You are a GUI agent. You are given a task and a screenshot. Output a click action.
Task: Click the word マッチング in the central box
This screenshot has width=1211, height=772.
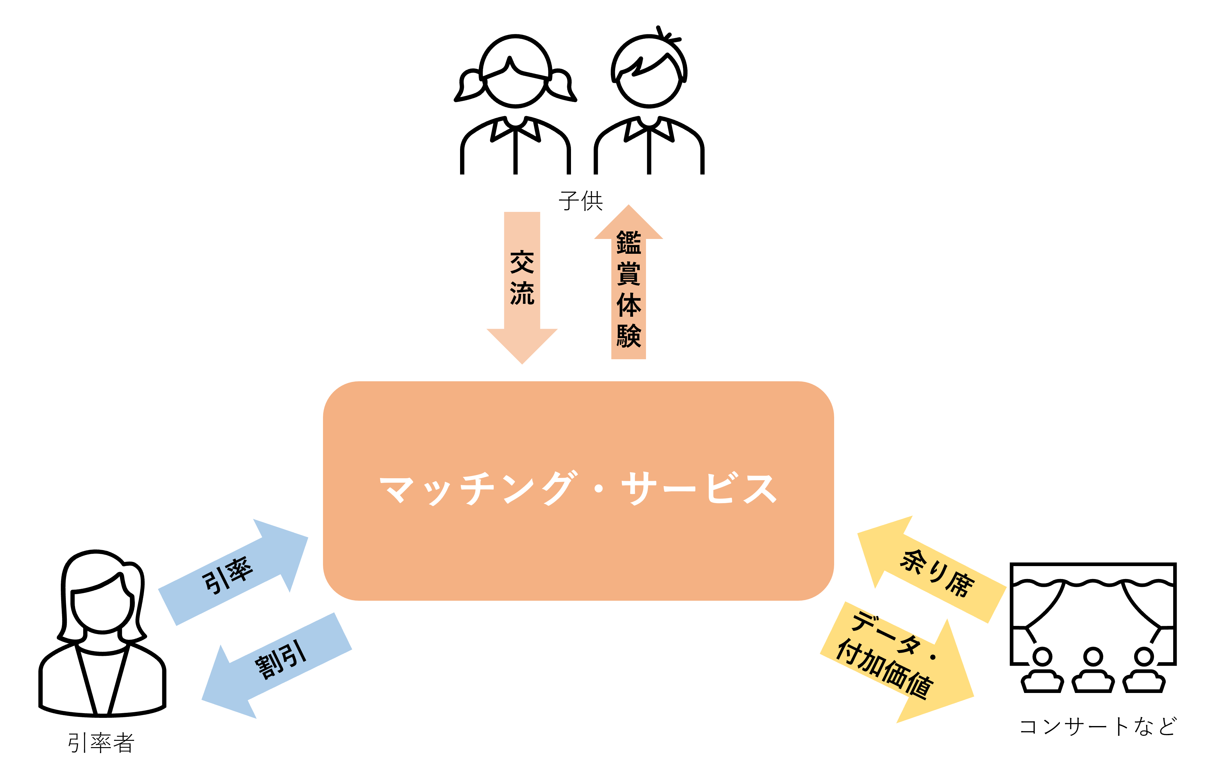475,489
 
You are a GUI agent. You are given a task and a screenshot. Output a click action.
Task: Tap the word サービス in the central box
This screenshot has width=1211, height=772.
699,489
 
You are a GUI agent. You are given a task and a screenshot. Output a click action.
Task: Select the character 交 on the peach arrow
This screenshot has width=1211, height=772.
522,262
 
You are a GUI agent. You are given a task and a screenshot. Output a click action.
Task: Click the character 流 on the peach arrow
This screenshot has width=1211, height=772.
522,293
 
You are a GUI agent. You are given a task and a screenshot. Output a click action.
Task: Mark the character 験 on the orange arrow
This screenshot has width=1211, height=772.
629,336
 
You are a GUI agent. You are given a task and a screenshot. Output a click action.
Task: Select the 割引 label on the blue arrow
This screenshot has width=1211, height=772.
281,659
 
